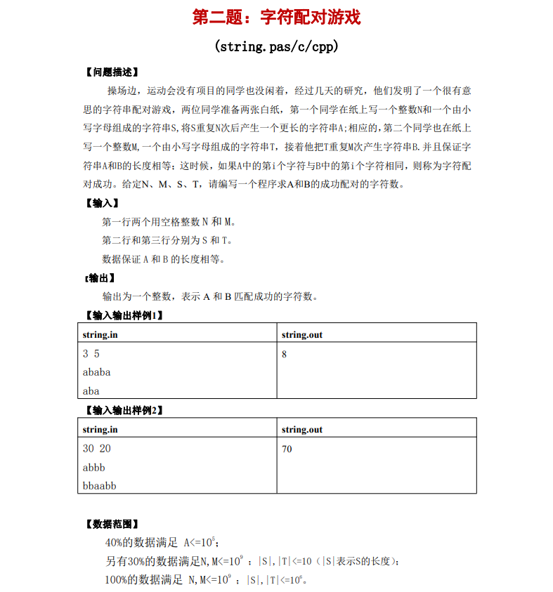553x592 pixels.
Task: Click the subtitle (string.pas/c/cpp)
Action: (x=276, y=47)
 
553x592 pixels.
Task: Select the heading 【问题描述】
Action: (x=111, y=72)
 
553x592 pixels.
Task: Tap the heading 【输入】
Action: (x=101, y=203)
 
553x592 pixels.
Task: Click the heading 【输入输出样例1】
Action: (x=124, y=315)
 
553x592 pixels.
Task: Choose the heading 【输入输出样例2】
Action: (x=124, y=410)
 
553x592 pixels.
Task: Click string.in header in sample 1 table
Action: (x=100, y=334)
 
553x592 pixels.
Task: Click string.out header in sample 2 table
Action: (x=302, y=429)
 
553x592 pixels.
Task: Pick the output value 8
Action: (x=284, y=355)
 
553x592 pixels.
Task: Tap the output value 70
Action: (x=287, y=449)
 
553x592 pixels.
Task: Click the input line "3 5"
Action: (x=91, y=355)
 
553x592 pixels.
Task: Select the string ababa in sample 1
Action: (x=97, y=372)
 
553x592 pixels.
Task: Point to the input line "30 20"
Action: (x=97, y=449)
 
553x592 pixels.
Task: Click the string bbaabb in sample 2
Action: (x=100, y=485)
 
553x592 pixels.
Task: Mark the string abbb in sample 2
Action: (x=94, y=467)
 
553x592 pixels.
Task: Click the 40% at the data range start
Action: (x=115, y=543)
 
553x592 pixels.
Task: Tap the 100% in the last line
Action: (x=117, y=580)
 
